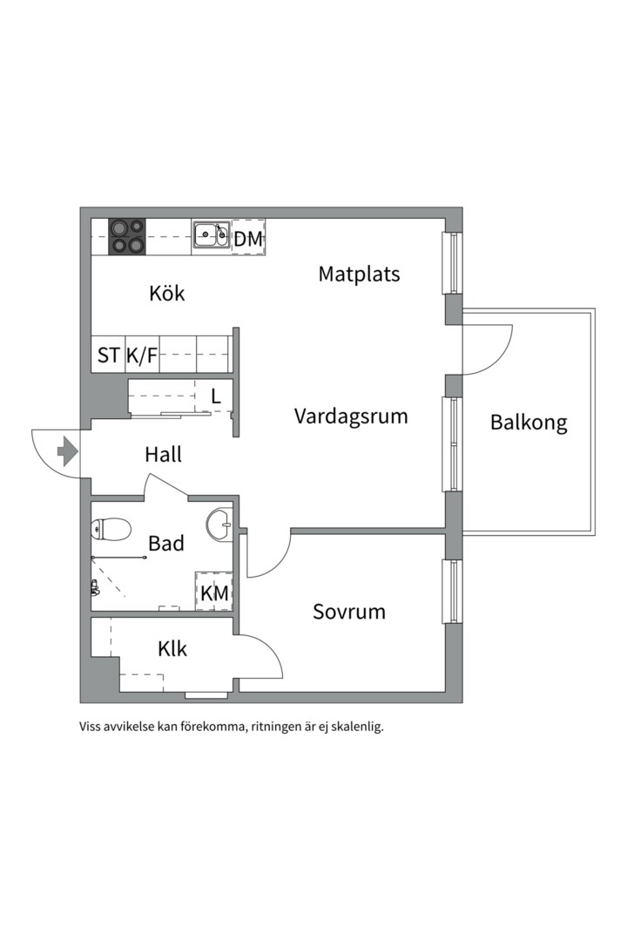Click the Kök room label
tap(167, 294)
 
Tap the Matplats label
tap(359, 274)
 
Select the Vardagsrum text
tap(351, 416)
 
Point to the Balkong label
tap(529, 423)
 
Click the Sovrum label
tap(348, 612)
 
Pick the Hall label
tap(163, 454)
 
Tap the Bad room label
tap(166, 543)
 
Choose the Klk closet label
tap(172, 649)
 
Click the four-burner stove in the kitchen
tap(127, 236)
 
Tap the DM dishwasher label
tap(248, 239)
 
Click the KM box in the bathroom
tap(214, 592)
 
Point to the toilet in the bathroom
tap(111, 530)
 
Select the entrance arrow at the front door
tap(67, 451)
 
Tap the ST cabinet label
tap(108, 355)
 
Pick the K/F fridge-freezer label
tap(142, 355)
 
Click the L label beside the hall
tap(216, 396)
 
